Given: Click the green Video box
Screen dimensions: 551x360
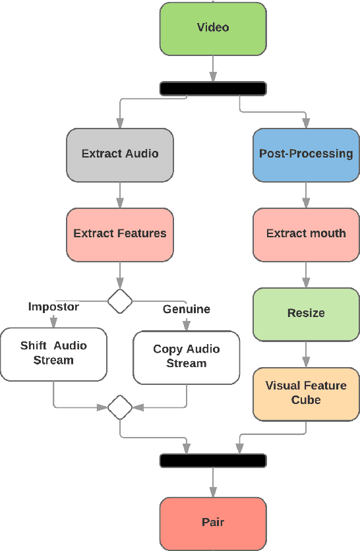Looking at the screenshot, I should (212, 28).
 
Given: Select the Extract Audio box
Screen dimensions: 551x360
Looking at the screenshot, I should (120, 155).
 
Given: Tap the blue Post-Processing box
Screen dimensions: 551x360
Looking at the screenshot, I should (306, 155).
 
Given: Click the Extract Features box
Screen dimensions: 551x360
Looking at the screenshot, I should (120, 234).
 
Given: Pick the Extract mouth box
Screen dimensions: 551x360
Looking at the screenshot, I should (306, 234).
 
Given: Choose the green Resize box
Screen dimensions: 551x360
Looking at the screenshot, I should (306, 314).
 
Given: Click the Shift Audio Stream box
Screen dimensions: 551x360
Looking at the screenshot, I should (53, 354).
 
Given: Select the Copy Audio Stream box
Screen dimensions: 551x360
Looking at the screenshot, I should (187, 357).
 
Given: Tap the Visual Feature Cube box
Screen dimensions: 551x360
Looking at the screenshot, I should (306, 393).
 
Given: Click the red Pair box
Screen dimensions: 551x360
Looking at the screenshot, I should (212, 523).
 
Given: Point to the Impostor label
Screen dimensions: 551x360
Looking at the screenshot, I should (53, 306).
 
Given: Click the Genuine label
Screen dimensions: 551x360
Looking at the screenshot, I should (187, 309).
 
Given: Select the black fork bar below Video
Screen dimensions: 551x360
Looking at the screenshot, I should (212, 88).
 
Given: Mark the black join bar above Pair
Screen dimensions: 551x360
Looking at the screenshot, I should (212, 460).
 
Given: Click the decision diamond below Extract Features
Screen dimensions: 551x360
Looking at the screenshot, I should (120, 301).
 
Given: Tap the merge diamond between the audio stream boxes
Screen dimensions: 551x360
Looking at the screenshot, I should (120, 407).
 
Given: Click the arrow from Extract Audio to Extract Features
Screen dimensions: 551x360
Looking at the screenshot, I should (120, 195).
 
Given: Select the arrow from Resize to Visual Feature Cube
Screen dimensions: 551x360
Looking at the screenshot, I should (306, 354).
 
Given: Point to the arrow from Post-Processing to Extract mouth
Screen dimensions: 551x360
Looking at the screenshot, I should (306, 195).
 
